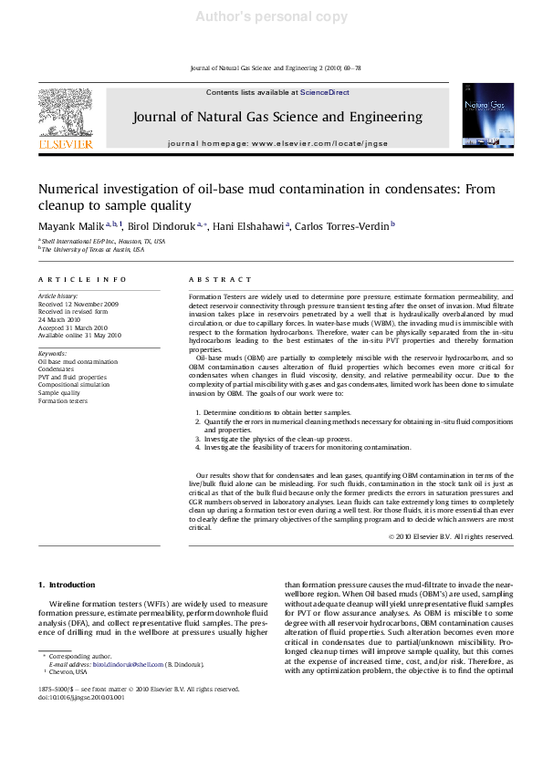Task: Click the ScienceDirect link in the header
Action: pyautogui.click(x=325, y=92)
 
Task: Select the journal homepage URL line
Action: pyautogui.click(x=277, y=144)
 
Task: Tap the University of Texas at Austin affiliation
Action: pyautogui.click(x=93, y=249)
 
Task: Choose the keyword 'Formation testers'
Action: pyautogui.click(x=63, y=401)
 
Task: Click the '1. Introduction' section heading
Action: pyautogui.click(x=67, y=584)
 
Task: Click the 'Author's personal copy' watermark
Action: pyautogui.click(x=271, y=16)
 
